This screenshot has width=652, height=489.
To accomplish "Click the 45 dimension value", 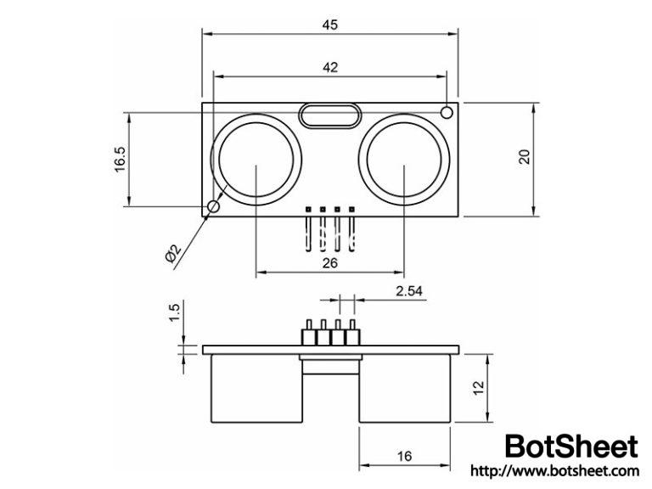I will pos(330,25).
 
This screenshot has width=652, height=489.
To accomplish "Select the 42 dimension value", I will pos(330,68).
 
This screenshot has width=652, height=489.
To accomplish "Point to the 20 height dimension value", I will pos(524,157).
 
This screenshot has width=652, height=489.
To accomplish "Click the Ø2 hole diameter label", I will pos(172,252).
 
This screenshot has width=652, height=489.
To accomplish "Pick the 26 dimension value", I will pos(330,263).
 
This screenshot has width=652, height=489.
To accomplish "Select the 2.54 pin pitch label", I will pos(410,291).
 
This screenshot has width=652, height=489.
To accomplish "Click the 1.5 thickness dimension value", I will pos(175,312).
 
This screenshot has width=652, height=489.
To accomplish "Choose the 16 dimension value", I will pos(404,456).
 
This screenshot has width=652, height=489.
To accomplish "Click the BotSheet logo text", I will pos(570,447).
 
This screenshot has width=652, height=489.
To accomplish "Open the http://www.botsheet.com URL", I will pos(554,470).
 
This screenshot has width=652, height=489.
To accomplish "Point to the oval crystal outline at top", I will pos(330,115).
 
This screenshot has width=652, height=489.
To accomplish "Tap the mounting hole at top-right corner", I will pos(447,111).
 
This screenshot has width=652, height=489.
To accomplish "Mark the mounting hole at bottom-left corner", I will pos(213,206).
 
